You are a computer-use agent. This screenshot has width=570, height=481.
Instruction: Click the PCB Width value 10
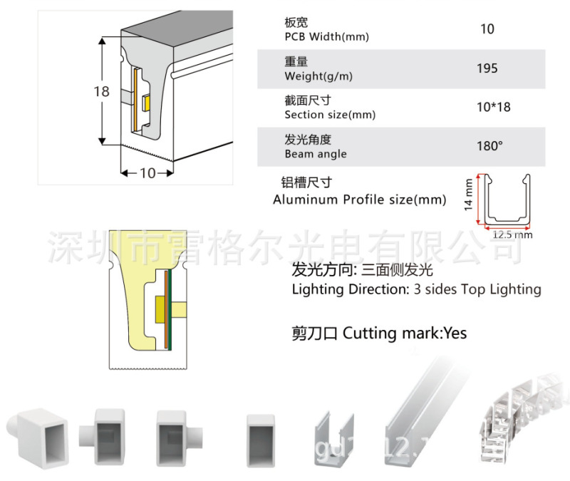[x=487, y=29]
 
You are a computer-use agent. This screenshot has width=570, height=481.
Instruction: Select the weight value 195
[x=487, y=68]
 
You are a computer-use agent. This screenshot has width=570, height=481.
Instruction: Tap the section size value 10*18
[x=493, y=108]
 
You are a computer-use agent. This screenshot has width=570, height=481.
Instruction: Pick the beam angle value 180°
[x=489, y=146]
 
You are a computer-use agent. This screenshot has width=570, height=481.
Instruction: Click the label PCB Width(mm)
[x=326, y=37]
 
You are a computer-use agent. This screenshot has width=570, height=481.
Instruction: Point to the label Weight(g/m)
[x=318, y=76]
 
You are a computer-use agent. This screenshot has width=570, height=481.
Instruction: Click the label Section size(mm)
[x=330, y=115]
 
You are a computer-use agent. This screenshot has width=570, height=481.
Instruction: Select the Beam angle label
[x=316, y=154]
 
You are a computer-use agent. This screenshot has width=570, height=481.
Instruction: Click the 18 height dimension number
[x=101, y=91]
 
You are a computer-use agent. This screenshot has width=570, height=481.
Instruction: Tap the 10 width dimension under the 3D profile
[x=147, y=172]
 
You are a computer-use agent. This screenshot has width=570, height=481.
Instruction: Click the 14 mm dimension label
[x=468, y=195]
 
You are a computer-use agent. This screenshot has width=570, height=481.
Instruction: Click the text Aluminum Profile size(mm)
[x=359, y=200]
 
